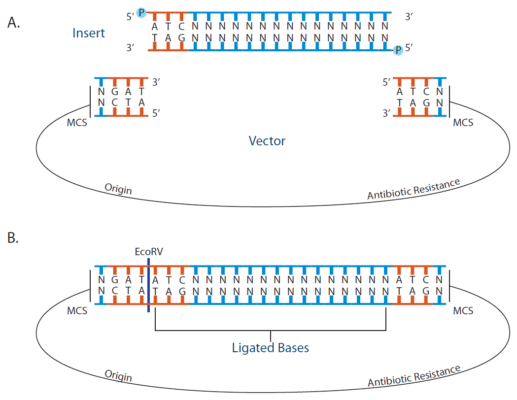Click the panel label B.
pyautogui.click(x=13, y=238)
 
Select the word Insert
pyautogui.click(x=88, y=33)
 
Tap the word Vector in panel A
pyautogui.click(x=267, y=141)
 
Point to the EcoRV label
pyautogui.click(x=148, y=251)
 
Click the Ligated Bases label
pyautogui.click(x=270, y=348)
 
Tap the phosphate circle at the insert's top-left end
pyautogui.click(x=141, y=12)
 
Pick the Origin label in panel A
pyautogui.click(x=118, y=189)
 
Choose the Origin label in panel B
pyautogui.click(x=118, y=375)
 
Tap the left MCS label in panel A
pyautogui.click(x=76, y=122)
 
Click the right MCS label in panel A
pyautogui.click(x=463, y=122)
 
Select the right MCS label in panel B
pyautogui.click(x=463, y=311)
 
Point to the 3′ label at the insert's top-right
pyautogui.click(x=408, y=17)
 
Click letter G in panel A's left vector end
pyautogui.click(x=114, y=92)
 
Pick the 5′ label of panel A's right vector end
pyautogui.click(x=387, y=83)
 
